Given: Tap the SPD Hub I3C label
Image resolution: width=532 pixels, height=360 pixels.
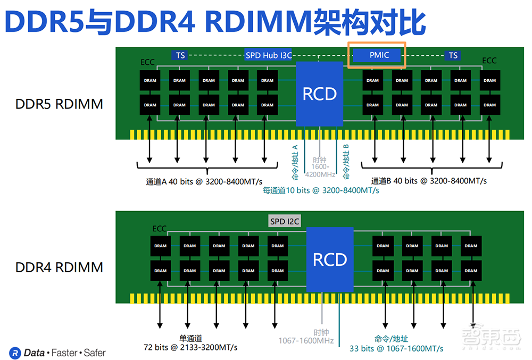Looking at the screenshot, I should pyautogui.click(x=269, y=55).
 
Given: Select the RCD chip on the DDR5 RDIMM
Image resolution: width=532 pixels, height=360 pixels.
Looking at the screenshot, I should pyautogui.click(x=320, y=94).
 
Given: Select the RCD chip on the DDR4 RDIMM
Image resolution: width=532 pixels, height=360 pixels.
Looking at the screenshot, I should pyautogui.click(x=330, y=259).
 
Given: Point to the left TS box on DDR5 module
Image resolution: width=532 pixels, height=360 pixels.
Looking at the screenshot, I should pyautogui.click(x=181, y=55).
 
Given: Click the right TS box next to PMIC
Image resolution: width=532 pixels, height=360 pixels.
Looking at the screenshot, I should pyautogui.click(x=453, y=55).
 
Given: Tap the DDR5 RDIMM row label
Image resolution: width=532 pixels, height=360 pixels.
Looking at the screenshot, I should pyautogui.click(x=59, y=104).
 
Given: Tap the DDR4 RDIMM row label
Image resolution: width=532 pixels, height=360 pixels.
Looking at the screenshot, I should pyautogui.click(x=59, y=267).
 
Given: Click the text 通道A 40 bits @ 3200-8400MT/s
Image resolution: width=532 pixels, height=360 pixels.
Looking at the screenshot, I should pyautogui.click(x=204, y=181).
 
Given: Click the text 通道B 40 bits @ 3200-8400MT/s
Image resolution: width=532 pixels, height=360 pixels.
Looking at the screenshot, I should pyautogui.click(x=429, y=181).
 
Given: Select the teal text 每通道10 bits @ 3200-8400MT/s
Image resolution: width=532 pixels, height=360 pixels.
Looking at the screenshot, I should pyautogui.click(x=321, y=190).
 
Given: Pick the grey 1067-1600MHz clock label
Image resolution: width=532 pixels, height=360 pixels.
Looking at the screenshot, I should pyautogui.click(x=306, y=340).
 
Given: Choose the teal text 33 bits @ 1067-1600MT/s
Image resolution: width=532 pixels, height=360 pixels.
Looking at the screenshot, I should pyautogui.click(x=396, y=348).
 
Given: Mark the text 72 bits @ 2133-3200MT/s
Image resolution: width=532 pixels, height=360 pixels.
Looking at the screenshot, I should pyautogui.click(x=190, y=347).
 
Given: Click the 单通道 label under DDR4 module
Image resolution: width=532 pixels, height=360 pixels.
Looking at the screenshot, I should pyautogui.click(x=190, y=338).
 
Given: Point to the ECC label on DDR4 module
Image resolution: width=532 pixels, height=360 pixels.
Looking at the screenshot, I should pyautogui.click(x=159, y=229).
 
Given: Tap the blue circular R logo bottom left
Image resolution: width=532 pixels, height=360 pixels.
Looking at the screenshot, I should pyautogui.click(x=16, y=353).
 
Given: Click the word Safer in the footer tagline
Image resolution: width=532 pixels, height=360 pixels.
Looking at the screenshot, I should pyautogui.click(x=94, y=353).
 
